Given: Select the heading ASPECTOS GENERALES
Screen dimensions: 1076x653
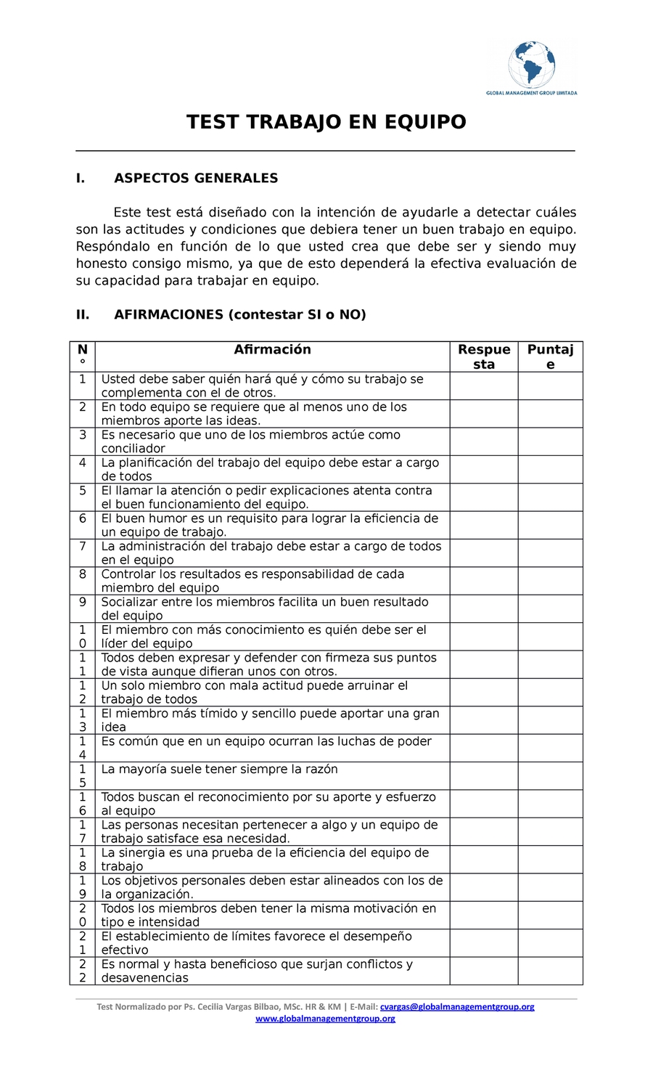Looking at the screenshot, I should pos(196,179).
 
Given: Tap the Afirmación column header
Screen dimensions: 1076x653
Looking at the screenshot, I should pos(272,350).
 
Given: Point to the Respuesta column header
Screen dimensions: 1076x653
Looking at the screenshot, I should pos(483,356).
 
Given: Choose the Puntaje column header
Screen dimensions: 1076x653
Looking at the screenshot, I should pos(550,356).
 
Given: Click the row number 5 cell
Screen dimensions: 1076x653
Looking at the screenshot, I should pos(83,497).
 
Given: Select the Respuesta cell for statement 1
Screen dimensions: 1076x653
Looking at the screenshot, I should pos(483,386).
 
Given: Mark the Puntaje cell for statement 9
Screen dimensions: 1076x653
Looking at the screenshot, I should pos(550,608).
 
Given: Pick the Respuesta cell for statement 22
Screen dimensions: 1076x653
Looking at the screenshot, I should pos(483,971).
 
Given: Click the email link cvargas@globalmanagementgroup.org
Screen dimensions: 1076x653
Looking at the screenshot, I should pos(457,1007).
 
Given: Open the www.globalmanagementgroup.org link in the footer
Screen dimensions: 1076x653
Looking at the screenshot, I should pos(326,1019).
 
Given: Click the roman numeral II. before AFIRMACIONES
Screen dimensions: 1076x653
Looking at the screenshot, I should pos(83,315).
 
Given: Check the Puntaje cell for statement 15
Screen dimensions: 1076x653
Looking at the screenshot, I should pos(550,775).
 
